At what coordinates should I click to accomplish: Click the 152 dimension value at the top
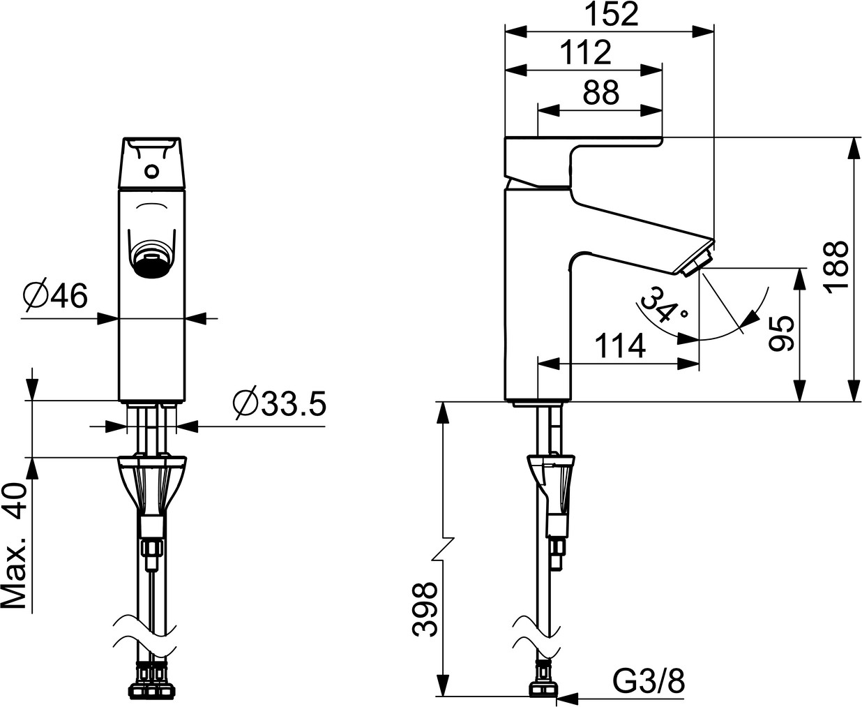(x=612, y=15)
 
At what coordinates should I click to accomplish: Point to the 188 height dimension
(x=836, y=267)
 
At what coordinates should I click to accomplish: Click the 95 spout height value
(x=781, y=334)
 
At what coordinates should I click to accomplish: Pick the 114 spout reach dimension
(x=621, y=345)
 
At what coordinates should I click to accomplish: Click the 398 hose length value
(x=425, y=609)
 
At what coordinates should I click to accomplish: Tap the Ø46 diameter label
(x=56, y=295)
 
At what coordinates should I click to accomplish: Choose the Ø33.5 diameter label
(x=280, y=403)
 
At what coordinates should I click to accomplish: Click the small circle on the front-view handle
(x=152, y=170)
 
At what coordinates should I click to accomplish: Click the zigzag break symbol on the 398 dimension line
(x=443, y=549)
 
